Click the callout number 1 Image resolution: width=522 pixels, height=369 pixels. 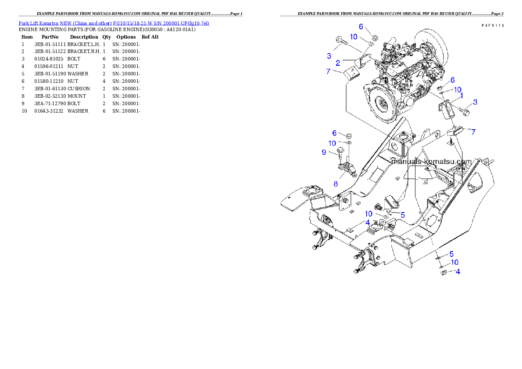pyautogui.click(x=461, y=95)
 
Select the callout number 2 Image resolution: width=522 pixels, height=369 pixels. pyautogui.click(x=339, y=63)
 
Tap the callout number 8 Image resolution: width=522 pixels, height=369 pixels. pyautogui.click(x=336, y=184)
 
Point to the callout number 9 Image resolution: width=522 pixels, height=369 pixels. pyautogui.click(x=324, y=152)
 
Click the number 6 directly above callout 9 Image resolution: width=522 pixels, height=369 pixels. pyautogui.click(x=334, y=133)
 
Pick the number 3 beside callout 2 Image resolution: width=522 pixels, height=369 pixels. pyautogui.click(x=329, y=56)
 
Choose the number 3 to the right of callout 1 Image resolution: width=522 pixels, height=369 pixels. pyautogui.click(x=475, y=102)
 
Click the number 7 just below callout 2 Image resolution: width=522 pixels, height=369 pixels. pyautogui.click(x=328, y=71)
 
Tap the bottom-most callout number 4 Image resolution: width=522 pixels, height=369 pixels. pyautogui.click(x=458, y=271)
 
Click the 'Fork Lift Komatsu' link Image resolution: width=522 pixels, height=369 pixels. pyautogui.click(x=38, y=23)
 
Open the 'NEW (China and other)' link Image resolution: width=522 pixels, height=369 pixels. pyautogui.click(x=86, y=23)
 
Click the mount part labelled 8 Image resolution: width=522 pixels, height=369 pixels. pyautogui.click(x=346, y=168)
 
